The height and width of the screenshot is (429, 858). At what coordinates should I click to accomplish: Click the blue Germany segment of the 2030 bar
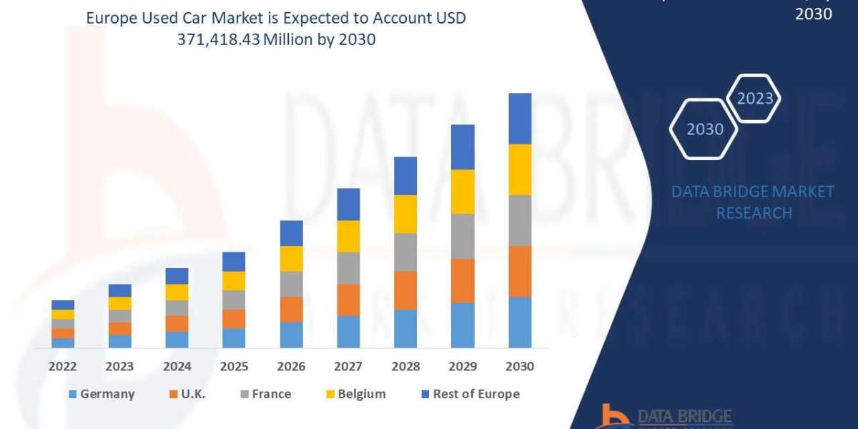520,322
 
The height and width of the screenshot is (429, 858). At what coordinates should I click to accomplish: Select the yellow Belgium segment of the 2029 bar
463,192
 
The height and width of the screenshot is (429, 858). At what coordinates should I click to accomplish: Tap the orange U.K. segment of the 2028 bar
405,290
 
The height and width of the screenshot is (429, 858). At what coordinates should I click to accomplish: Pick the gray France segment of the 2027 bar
348,267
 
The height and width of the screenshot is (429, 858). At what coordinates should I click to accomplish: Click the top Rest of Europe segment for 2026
291,233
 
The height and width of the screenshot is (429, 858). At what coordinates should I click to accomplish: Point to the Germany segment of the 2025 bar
234,337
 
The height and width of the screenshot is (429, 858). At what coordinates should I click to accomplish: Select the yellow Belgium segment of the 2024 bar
177,292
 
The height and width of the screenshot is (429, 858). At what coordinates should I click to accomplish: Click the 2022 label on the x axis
63,366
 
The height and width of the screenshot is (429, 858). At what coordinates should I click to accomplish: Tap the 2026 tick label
291,366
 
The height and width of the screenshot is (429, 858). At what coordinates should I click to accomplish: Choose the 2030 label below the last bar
520,366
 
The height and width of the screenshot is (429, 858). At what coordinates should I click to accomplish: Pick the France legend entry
265,394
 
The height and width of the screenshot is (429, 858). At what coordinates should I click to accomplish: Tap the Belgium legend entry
355,394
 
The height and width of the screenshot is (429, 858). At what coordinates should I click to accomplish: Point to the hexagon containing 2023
754,99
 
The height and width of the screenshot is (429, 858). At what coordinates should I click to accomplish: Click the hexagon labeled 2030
704,129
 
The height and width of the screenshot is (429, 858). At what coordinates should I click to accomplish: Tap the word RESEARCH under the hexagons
754,213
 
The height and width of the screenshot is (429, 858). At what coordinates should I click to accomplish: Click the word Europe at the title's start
109,18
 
